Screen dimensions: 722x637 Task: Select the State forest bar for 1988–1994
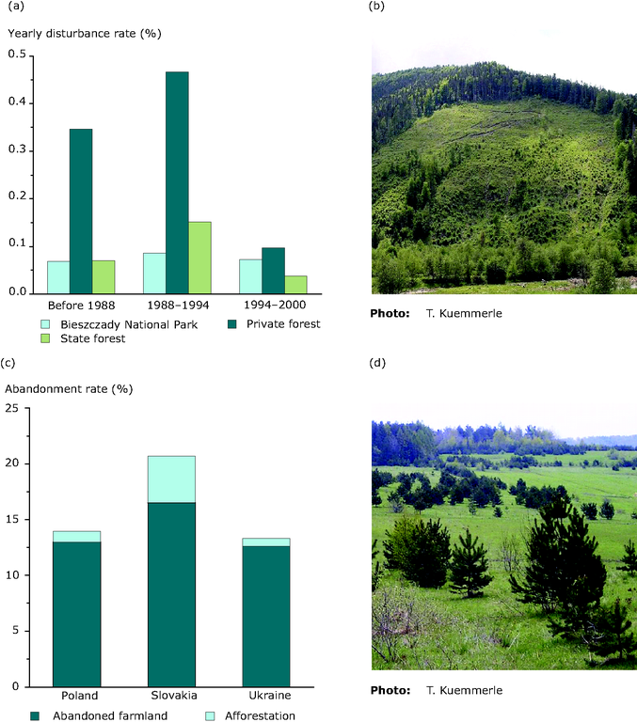[x=199, y=258]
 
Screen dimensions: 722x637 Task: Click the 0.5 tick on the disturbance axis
[x=16, y=55]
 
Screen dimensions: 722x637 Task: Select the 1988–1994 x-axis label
[x=177, y=306]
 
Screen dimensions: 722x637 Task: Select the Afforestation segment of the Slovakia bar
[x=171, y=479]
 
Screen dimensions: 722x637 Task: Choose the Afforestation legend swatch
[x=210, y=716]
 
